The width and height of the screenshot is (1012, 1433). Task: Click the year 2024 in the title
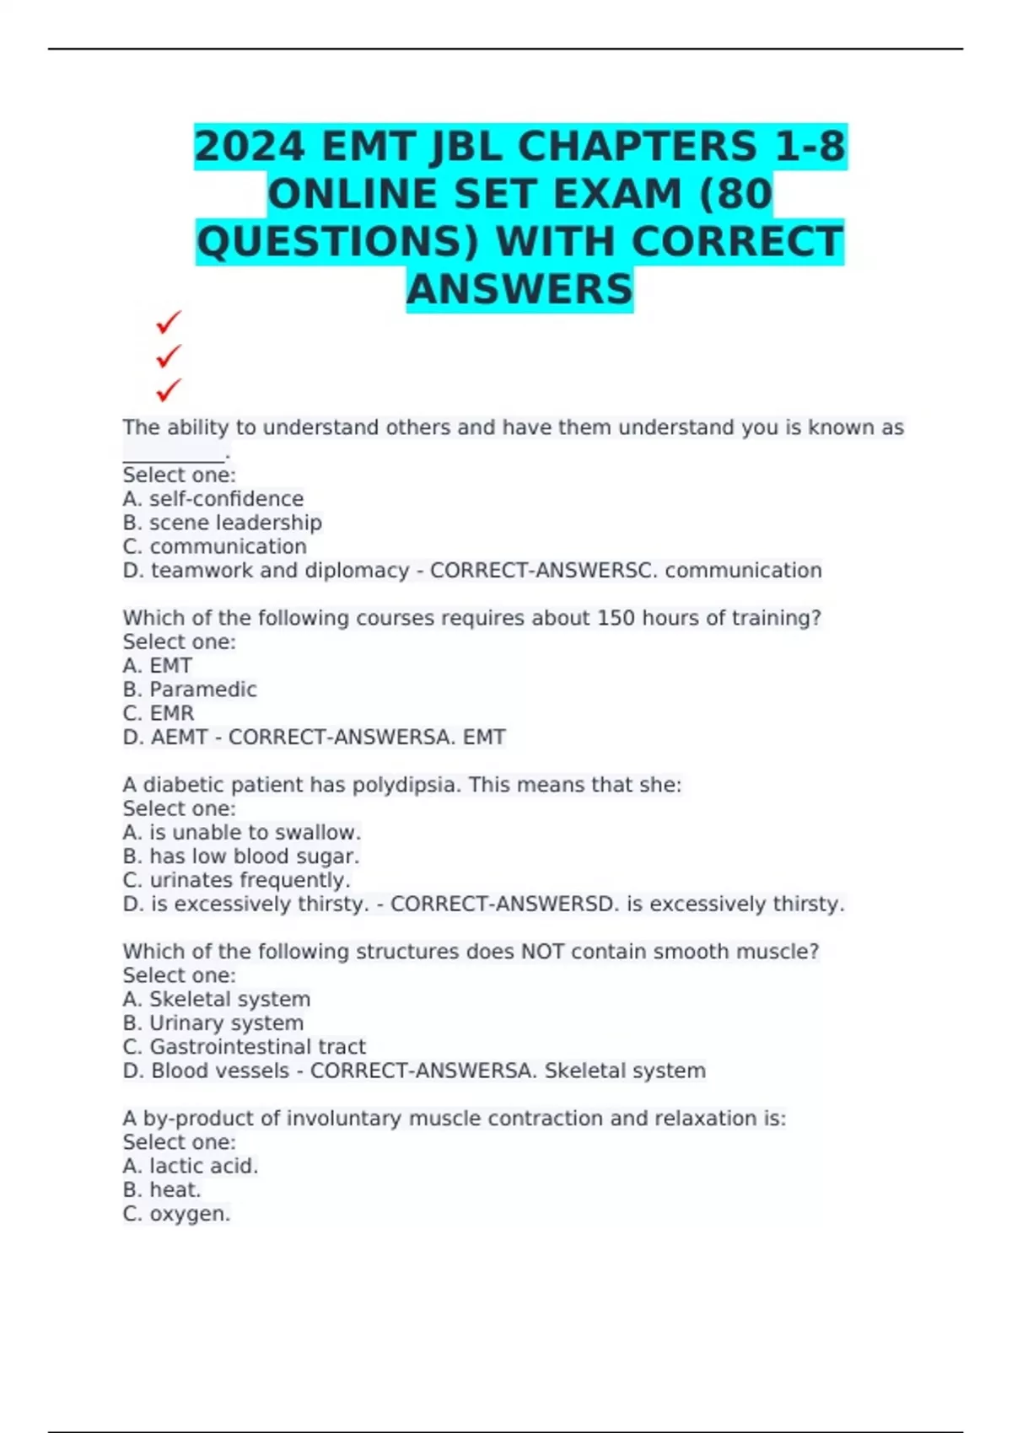(249, 147)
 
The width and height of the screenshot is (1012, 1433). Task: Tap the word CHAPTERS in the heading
(637, 147)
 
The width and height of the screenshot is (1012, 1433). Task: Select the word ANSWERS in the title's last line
(519, 289)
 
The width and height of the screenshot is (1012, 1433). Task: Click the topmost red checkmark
(169, 322)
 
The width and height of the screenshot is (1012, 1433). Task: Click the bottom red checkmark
(169, 390)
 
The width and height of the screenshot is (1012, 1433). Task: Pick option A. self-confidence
(213, 499)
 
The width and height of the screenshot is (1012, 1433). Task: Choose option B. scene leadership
(223, 523)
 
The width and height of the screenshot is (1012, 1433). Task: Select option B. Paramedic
(190, 690)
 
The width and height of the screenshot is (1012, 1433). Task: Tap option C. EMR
(159, 713)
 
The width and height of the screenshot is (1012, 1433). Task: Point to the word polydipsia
(406, 785)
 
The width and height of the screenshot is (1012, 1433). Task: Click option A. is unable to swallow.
(242, 833)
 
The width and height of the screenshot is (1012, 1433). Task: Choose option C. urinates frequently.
(236, 880)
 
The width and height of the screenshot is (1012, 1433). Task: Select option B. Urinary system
(213, 1023)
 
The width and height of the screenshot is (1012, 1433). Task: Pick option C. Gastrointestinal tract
(245, 1047)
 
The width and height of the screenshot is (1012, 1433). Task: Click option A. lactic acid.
(191, 1167)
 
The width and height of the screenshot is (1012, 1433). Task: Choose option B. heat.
(162, 1190)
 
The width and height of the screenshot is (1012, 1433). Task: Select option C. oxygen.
(176, 1214)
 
